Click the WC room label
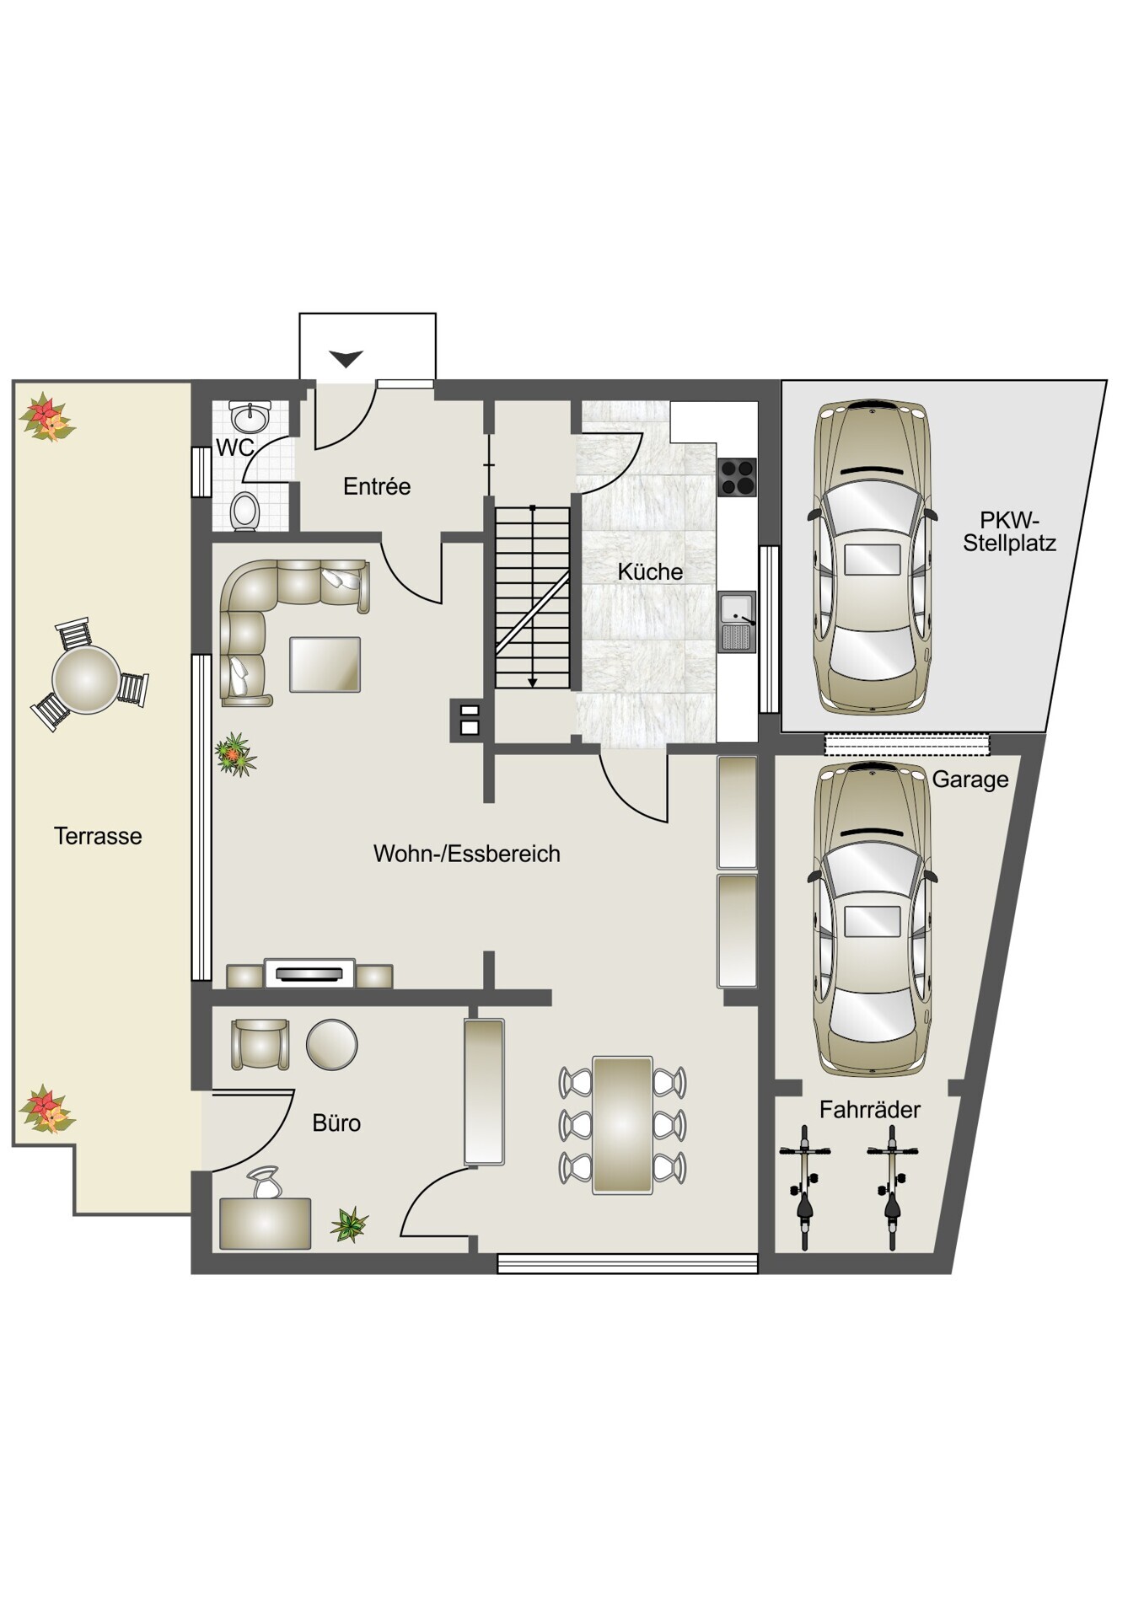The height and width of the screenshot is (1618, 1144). [x=235, y=447]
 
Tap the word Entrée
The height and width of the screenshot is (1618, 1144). [x=377, y=486]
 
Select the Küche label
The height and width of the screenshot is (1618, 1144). [x=650, y=571]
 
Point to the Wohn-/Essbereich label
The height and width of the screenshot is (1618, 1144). [x=467, y=854]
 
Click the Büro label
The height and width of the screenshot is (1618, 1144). [x=336, y=1122]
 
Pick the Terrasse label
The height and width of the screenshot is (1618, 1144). [x=98, y=836]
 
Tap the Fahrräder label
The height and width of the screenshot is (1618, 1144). [x=870, y=1110]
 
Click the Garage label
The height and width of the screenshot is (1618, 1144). [x=970, y=780]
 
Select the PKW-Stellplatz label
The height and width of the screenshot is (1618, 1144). [x=1010, y=532]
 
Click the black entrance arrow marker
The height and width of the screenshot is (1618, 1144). [x=346, y=359]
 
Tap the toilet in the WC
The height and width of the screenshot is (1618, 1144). [x=245, y=511]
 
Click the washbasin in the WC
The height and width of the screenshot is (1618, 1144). [x=250, y=416]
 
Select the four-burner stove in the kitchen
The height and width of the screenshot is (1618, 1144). [x=737, y=477]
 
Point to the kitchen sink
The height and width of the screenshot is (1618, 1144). [x=737, y=622]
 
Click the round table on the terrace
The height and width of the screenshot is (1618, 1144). [x=87, y=679]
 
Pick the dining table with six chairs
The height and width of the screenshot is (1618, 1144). [x=622, y=1125]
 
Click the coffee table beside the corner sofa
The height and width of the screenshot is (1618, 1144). [x=325, y=665]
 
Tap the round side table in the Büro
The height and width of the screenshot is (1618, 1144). [x=332, y=1045]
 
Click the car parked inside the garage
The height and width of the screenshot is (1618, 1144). [x=873, y=919]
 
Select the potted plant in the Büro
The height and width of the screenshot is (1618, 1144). [x=350, y=1224]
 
